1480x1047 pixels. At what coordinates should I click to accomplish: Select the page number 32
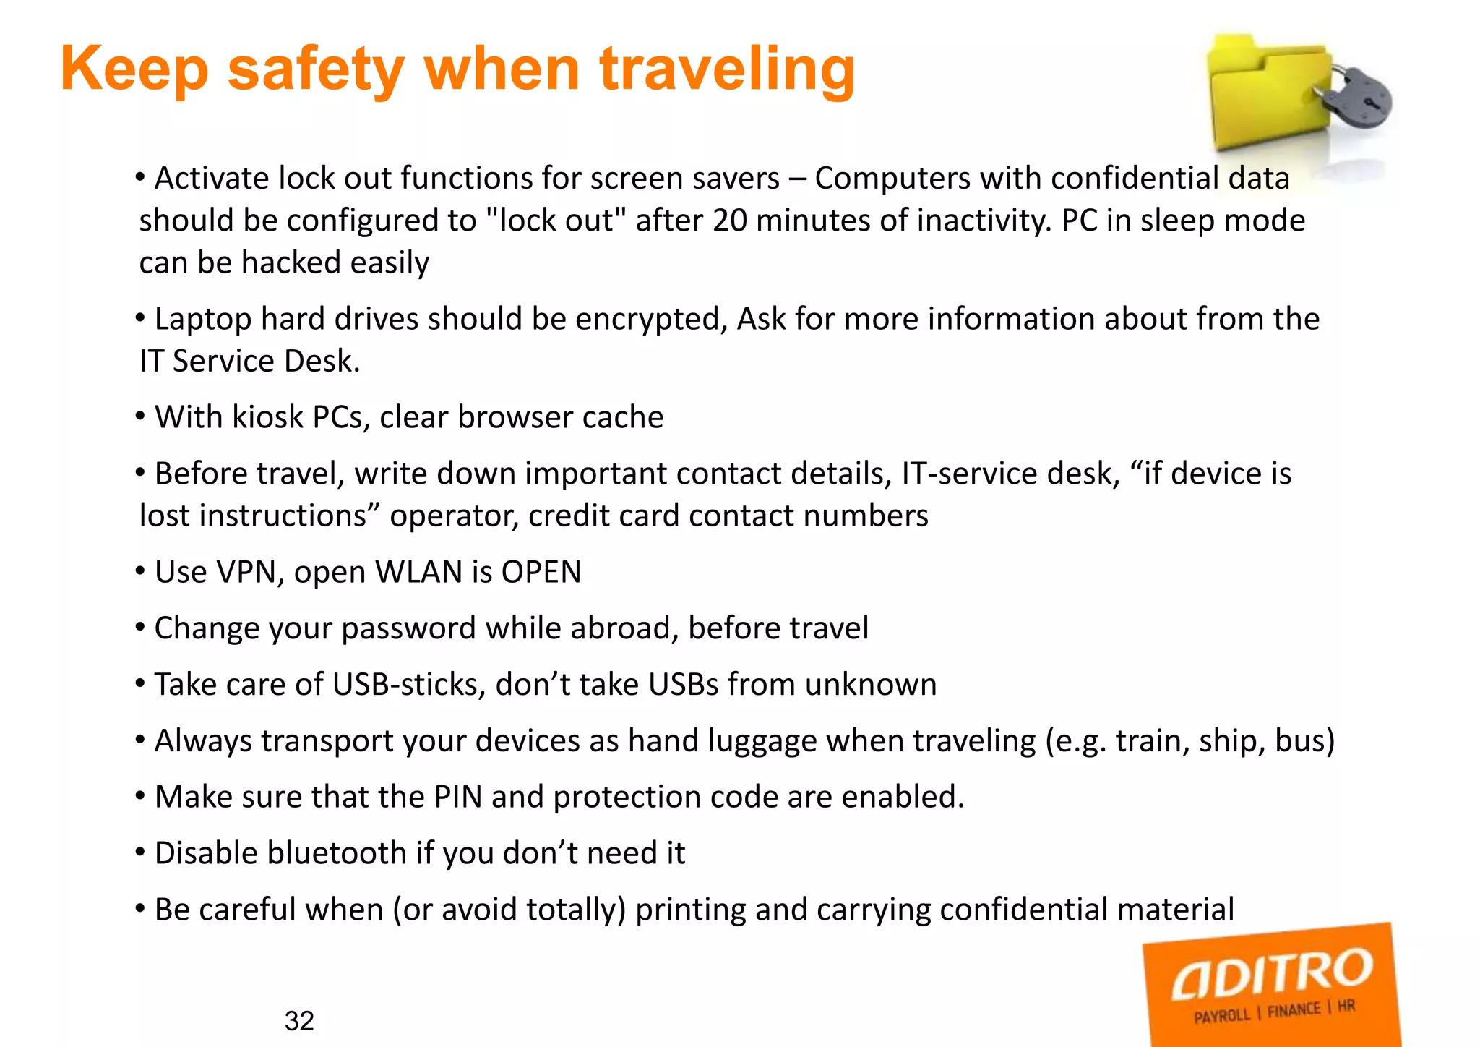pos(299,1020)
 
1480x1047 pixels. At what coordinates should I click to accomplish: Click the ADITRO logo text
pos(1271,973)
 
